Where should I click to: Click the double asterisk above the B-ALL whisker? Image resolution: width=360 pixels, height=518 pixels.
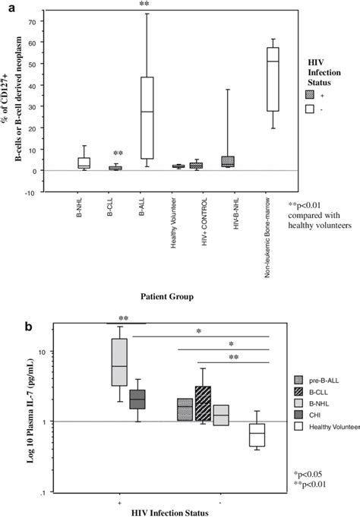pos(144,6)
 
